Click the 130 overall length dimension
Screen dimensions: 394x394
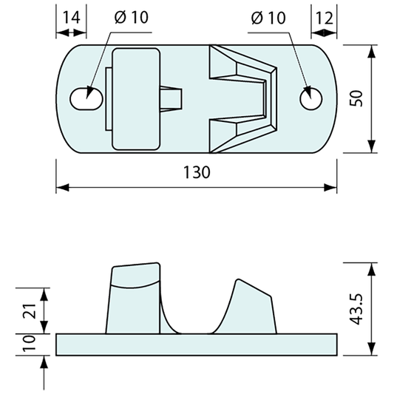tap(197, 172)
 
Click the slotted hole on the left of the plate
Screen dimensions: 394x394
tap(87, 98)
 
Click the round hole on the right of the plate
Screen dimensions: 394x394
tap(311, 98)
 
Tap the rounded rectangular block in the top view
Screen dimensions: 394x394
tap(135, 98)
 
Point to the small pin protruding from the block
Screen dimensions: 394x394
tap(172, 98)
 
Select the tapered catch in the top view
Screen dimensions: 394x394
tap(244, 98)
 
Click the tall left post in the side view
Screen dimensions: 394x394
tap(135, 299)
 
